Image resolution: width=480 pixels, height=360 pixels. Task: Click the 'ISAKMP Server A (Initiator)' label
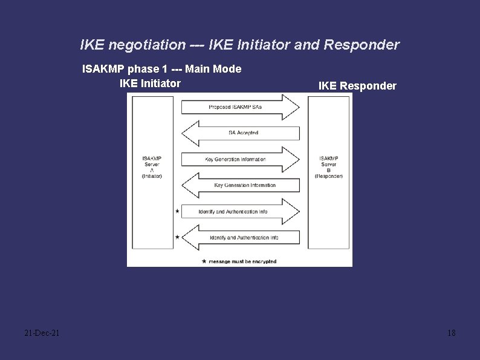pyautogui.click(x=152, y=167)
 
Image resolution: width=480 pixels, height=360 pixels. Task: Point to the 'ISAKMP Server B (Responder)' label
pyautogui.click(x=329, y=167)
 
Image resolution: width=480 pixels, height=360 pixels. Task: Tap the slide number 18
pyautogui.click(x=451, y=333)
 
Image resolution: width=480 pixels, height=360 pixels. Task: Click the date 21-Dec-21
pyautogui.click(x=42, y=333)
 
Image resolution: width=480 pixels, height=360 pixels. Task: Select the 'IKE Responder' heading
pyautogui.click(x=357, y=86)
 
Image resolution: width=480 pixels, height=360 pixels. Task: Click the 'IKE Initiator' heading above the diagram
pyautogui.click(x=150, y=83)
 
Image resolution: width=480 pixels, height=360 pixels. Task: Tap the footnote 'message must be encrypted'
pyautogui.click(x=242, y=261)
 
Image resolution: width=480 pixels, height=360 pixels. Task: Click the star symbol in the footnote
pyautogui.click(x=203, y=261)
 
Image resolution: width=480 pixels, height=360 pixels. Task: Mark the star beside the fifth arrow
pyautogui.click(x=177, y=211)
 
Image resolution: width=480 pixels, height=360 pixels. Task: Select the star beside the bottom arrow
pyautogui.click(x=177, y=237)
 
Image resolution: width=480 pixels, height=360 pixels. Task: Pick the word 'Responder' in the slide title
pyautogui.click(x=362, y=45)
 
